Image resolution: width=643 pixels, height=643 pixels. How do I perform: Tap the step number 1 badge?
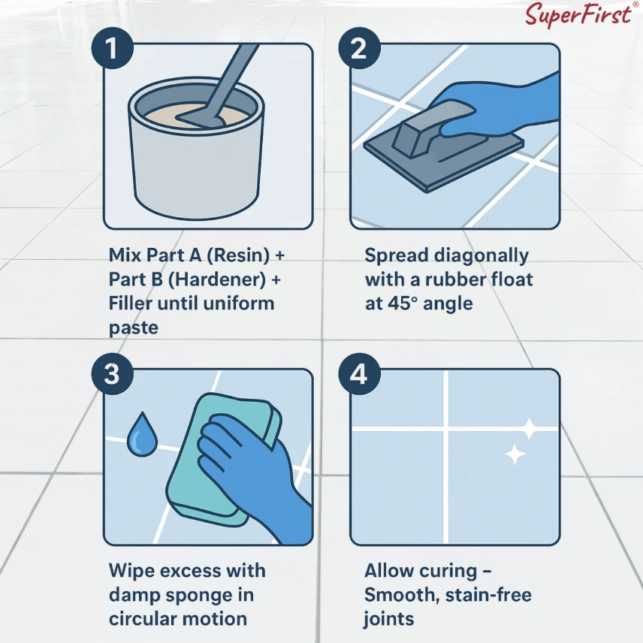point(113,48)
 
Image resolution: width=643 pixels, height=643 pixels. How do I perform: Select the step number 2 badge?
point(359,48)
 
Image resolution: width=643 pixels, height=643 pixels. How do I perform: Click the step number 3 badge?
point(113,373)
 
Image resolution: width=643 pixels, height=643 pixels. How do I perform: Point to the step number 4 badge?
point(359,373)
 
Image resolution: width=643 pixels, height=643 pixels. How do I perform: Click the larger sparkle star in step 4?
point(530,429)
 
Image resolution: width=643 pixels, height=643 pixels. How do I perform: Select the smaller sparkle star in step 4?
point(515,454)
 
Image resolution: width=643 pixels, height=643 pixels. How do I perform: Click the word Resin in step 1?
point(238,255)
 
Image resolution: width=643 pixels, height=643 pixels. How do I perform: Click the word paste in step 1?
point(133,328)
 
